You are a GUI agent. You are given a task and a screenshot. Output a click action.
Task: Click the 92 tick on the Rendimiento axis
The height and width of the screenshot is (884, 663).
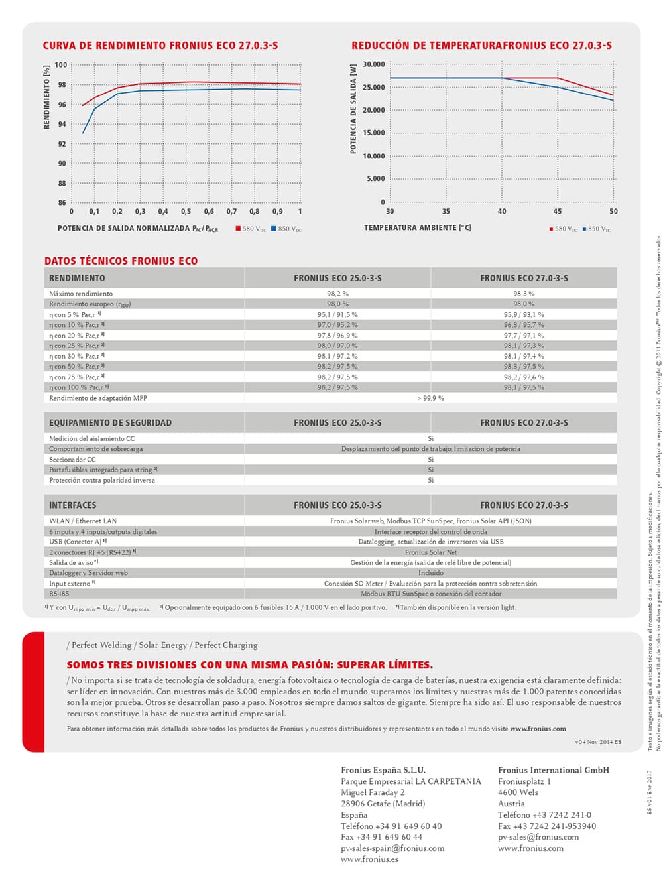click(x=62, y=144)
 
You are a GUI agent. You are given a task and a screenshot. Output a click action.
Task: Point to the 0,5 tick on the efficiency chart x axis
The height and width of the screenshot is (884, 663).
click(x=186, y=212)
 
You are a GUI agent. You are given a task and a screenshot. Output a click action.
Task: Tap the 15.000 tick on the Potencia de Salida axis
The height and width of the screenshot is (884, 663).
click(x=374, y=133)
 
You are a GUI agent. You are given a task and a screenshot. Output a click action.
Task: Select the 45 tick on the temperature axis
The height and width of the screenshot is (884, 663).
click(x=558, y=212)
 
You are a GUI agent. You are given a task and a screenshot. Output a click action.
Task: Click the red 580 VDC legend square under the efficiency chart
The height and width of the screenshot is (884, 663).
click(x=238, y=229)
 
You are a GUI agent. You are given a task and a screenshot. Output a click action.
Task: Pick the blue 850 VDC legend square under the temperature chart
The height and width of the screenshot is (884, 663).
click(x=585, y=229)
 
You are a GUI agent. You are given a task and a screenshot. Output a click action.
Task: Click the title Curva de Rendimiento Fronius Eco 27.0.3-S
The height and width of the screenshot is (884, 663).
click(x=160, y=46)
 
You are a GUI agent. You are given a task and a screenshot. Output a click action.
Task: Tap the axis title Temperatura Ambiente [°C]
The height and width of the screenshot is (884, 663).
click(x=417, y=227)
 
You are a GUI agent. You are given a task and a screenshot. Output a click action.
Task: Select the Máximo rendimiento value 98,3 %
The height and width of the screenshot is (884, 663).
click(x=523, y=294)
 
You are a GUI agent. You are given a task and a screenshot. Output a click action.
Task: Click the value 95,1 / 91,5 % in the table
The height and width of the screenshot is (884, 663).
click(x=337, y=315)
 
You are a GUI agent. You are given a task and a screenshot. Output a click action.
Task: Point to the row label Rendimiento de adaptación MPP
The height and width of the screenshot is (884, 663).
click(x=98, y=398)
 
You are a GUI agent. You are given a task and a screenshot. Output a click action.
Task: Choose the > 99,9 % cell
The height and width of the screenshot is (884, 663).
click(x=430, y=398)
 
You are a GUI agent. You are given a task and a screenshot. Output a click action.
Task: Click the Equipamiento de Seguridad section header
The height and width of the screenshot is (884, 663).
click(x=110, y=422)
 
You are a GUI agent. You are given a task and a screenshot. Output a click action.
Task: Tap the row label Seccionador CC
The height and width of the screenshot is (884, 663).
click(x=72, y=459)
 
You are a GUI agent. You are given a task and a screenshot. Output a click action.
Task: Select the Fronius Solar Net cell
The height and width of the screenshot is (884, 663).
click(x=430, y=552)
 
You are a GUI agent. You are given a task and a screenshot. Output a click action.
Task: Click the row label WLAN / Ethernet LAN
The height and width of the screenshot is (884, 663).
click(x=83, y=521)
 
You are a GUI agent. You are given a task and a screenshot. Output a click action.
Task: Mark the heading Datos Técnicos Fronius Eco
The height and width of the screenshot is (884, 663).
click(x=121, y=261)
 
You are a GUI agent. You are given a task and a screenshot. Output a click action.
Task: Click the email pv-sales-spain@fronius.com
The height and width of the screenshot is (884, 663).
click(x=392, y=848)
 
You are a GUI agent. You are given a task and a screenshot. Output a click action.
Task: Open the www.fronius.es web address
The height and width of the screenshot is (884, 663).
click(x=369, y=859)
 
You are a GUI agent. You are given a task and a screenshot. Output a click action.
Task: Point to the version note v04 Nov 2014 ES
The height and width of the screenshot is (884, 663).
click(x=598, y=742)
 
